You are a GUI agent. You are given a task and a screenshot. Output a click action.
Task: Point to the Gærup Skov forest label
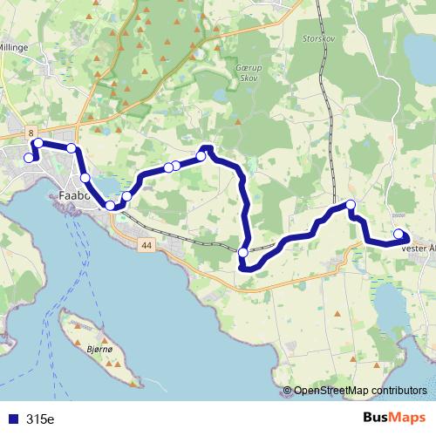(248, 72)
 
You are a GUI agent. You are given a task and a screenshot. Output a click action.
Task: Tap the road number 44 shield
(144, 247)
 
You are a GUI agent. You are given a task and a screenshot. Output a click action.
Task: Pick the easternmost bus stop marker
(399, 234)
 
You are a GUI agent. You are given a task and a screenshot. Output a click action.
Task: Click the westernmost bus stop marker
(28, 158)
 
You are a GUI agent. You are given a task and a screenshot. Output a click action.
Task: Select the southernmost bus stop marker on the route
(242, 253)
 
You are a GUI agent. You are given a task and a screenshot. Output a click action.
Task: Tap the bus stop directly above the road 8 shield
(37, 142)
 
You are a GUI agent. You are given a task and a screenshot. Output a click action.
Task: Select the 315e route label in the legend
(40, 419)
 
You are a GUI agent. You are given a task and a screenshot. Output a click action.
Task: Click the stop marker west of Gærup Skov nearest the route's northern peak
(201, 156)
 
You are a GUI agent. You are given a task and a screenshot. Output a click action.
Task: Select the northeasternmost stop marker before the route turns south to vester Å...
(351, 205)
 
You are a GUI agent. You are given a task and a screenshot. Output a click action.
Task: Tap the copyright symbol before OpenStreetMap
(288, 391)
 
